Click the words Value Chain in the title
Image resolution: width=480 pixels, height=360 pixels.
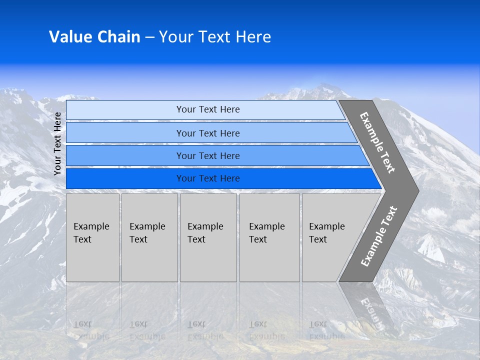pyautogui.click(x=94, y=37)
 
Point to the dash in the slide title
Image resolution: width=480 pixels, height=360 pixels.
pyautogui.click(x=149, y=37)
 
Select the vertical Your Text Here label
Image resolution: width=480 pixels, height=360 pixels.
pyautogui.click(x=57, y=143)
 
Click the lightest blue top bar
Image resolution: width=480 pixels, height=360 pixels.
pyautogui.click(x=205, y=109)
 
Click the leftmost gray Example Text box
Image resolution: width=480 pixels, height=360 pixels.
pyautogui.click(x=92, y=237)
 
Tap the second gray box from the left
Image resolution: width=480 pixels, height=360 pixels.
pyautogui.click(x=149, y=237)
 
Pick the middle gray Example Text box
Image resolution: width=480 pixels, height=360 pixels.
pyautogui.click(x=208, y=237)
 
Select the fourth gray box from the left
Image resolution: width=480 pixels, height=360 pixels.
pyautogui.click(x=269, y=237)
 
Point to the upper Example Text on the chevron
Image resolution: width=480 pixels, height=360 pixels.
pyautogui.click(x=377, y=142)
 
